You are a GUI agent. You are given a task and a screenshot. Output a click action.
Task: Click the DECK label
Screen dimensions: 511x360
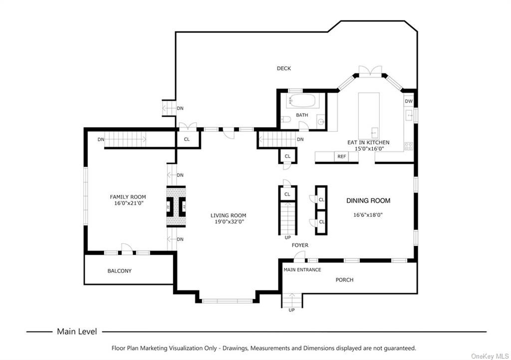283,68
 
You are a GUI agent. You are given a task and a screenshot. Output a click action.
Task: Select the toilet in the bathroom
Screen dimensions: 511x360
285,119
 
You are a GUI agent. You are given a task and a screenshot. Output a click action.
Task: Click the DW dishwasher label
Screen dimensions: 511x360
409,101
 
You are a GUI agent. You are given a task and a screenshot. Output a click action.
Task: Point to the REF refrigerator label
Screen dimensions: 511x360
341,157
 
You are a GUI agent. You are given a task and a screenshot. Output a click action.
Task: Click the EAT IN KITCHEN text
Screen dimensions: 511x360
368,142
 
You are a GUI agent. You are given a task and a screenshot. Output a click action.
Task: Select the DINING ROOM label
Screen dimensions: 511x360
368,201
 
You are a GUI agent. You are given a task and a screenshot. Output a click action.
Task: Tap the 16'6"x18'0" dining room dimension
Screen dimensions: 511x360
368,215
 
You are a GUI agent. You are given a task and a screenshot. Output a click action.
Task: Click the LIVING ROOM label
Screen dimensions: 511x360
228,215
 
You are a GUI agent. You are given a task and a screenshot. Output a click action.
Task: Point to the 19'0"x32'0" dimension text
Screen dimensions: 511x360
228,222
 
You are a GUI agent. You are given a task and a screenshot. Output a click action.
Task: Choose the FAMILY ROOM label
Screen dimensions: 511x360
128,197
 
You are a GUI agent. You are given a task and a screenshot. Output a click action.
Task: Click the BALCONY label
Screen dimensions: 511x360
120,271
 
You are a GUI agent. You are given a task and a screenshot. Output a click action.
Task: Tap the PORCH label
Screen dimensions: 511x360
344,280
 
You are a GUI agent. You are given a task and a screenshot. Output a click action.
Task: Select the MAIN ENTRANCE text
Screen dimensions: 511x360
302,270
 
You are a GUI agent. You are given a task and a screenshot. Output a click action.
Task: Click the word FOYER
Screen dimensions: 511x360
300,245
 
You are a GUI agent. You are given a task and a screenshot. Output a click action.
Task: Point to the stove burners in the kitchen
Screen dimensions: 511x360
408,146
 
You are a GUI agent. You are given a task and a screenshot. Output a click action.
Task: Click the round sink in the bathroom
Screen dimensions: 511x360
321,122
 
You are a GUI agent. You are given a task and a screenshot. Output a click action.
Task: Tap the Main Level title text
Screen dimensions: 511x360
77,332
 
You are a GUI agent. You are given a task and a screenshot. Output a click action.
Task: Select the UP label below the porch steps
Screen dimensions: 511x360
291,310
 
